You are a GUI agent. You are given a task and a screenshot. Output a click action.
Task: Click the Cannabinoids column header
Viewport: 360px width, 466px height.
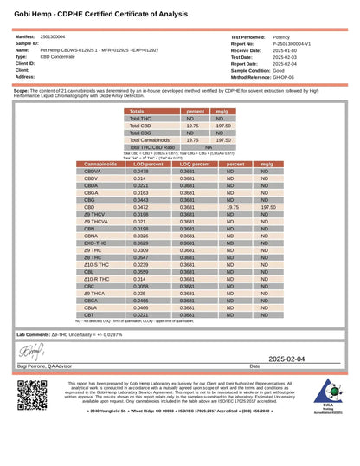tap(101, 164)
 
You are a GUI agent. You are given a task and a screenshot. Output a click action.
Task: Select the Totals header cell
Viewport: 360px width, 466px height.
tap(137, 112)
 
